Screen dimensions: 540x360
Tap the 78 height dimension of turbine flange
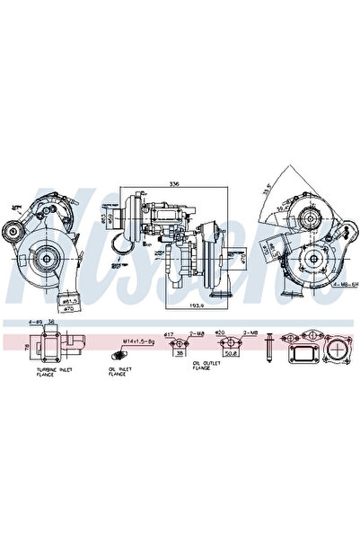pos(25,344)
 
